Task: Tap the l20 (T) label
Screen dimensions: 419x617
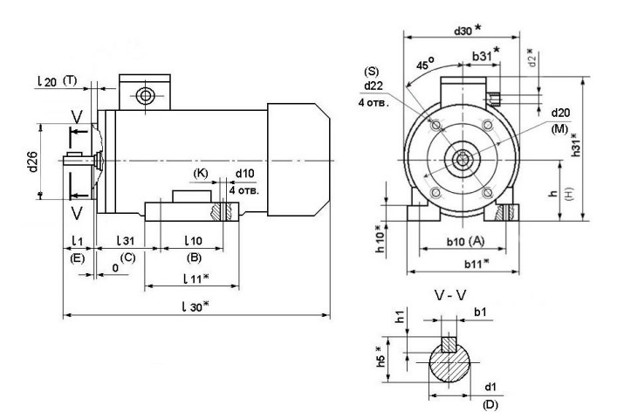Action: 58,80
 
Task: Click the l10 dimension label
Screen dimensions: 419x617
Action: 193,240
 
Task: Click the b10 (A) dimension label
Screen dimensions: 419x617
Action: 463,240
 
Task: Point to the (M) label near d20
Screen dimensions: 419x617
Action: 559,128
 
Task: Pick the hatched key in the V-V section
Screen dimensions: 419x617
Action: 450,342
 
